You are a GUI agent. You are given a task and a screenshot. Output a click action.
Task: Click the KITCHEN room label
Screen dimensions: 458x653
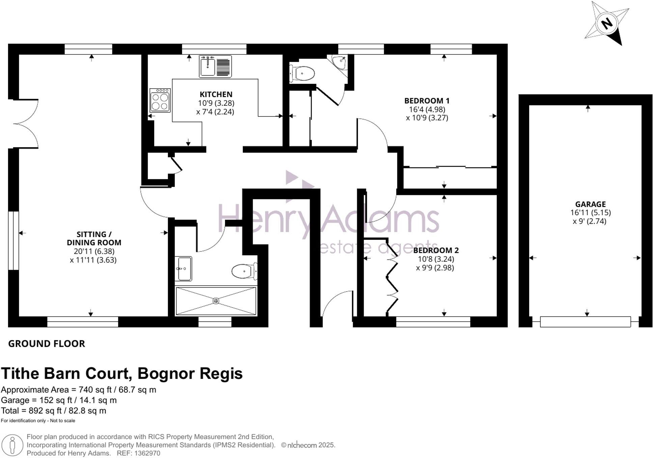[x=216, y=94]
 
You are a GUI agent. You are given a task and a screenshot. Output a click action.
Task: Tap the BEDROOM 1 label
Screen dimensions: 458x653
[x=427, y=100]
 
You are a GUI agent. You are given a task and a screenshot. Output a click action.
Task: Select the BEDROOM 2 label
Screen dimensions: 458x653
[x=436, y=250]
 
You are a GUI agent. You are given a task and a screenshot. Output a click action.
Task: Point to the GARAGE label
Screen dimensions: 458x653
[x=590, y=204]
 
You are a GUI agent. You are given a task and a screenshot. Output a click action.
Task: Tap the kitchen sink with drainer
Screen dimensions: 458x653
[x=215, y=66]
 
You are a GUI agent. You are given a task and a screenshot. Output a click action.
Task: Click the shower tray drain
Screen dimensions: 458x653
[x=216, y=301]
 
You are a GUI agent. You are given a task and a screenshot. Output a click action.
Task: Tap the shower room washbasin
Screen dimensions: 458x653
[x=184, y=269]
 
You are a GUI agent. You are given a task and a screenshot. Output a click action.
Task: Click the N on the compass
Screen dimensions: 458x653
[x=607, y=24]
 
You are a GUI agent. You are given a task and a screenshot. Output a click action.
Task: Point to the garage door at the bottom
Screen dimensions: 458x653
[x=585, y=322]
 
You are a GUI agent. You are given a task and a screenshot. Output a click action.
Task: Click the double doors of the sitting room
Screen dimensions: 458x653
[x=25, y=124]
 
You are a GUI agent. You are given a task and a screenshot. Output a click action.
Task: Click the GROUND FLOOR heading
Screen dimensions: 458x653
[x=47, y=344]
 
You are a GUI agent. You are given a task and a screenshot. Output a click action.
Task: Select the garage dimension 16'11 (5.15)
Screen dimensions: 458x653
[x=590, y=212]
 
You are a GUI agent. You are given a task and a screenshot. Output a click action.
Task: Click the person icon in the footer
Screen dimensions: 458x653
[x=12, y=446]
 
